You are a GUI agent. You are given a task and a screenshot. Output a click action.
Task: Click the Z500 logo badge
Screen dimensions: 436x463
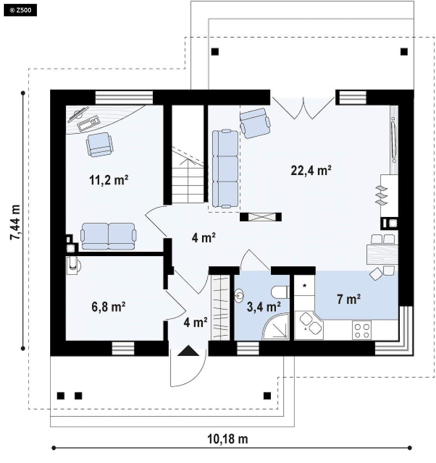point(20,10)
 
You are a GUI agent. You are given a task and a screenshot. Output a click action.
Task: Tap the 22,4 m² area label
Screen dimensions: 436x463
point(311,170)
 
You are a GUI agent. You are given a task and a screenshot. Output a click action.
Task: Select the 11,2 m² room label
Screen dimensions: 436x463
point(109,180)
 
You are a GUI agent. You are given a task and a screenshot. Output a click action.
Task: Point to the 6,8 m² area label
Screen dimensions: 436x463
point(108,307)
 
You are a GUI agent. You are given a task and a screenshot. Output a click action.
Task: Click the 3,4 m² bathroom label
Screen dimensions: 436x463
point(264,307)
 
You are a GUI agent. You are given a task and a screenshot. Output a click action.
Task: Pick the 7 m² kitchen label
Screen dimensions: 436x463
point(349,299)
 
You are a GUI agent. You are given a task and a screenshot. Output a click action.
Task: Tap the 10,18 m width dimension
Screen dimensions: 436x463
point(228,439)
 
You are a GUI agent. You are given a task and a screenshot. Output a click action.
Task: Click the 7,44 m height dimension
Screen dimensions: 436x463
point(16,222)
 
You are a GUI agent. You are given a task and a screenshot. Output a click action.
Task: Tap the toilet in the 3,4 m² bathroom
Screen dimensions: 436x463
point(280,292)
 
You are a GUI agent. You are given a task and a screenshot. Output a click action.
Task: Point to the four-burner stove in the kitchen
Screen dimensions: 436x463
point(362,330)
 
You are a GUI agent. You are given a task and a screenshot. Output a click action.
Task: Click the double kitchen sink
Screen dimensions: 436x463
point(309,324)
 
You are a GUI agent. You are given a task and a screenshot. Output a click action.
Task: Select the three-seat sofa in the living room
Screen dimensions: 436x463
point(225,168)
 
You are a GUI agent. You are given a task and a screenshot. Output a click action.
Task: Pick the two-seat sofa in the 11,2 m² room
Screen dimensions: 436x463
point(108,236)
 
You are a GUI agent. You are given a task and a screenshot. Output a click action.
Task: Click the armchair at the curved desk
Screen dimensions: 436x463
point(99,144)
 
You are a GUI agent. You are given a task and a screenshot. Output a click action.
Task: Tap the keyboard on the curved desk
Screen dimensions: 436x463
point(89,123)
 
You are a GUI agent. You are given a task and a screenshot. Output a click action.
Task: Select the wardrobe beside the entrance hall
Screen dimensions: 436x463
point(220,307)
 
